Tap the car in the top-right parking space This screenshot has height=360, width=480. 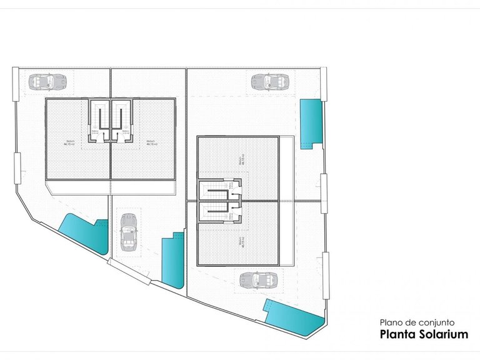pos(271,81)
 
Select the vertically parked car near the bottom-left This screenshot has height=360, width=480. pos(128,231)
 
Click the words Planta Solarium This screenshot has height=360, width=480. pos(424,334)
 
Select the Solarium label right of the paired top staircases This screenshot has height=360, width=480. pos(151,142)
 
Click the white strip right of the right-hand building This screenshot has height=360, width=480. pos(286,200)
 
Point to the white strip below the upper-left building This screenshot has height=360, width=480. pos(111,186)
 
